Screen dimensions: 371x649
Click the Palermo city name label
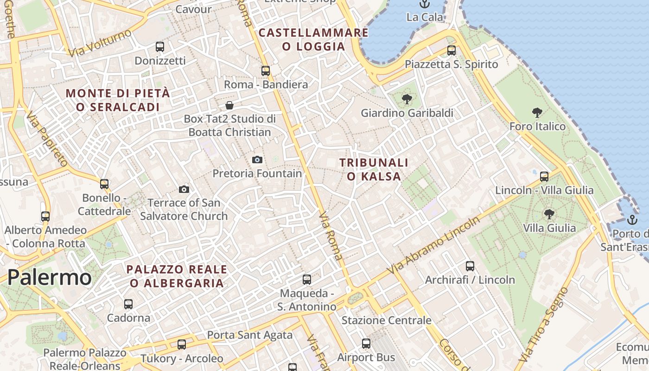(49, 277)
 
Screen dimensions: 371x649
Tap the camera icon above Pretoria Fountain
(257, 160)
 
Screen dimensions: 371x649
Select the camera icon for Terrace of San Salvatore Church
(184, 189)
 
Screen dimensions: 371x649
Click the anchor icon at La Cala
(424, 4)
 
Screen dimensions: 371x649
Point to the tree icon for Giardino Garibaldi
(407, 99)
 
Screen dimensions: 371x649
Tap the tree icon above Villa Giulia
(549, 214)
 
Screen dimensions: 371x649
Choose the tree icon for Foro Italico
(537, 112)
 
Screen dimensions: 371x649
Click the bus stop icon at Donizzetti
(160, 46)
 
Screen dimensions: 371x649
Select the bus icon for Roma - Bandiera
(266, 70)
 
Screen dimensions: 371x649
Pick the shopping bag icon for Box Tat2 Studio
(229, 105)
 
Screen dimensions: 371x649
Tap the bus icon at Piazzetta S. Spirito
(452, 50)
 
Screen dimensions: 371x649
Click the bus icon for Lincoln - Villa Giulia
(544, 176)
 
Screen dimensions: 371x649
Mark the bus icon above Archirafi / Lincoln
(470, 266)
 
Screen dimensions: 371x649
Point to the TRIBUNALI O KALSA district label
(374, 169)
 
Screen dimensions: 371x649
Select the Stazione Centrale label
(386, 320)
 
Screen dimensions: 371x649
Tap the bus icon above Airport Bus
(366, 344)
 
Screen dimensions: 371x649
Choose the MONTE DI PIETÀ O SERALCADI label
(118, 100)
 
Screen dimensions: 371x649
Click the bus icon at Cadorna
(128, 304)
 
